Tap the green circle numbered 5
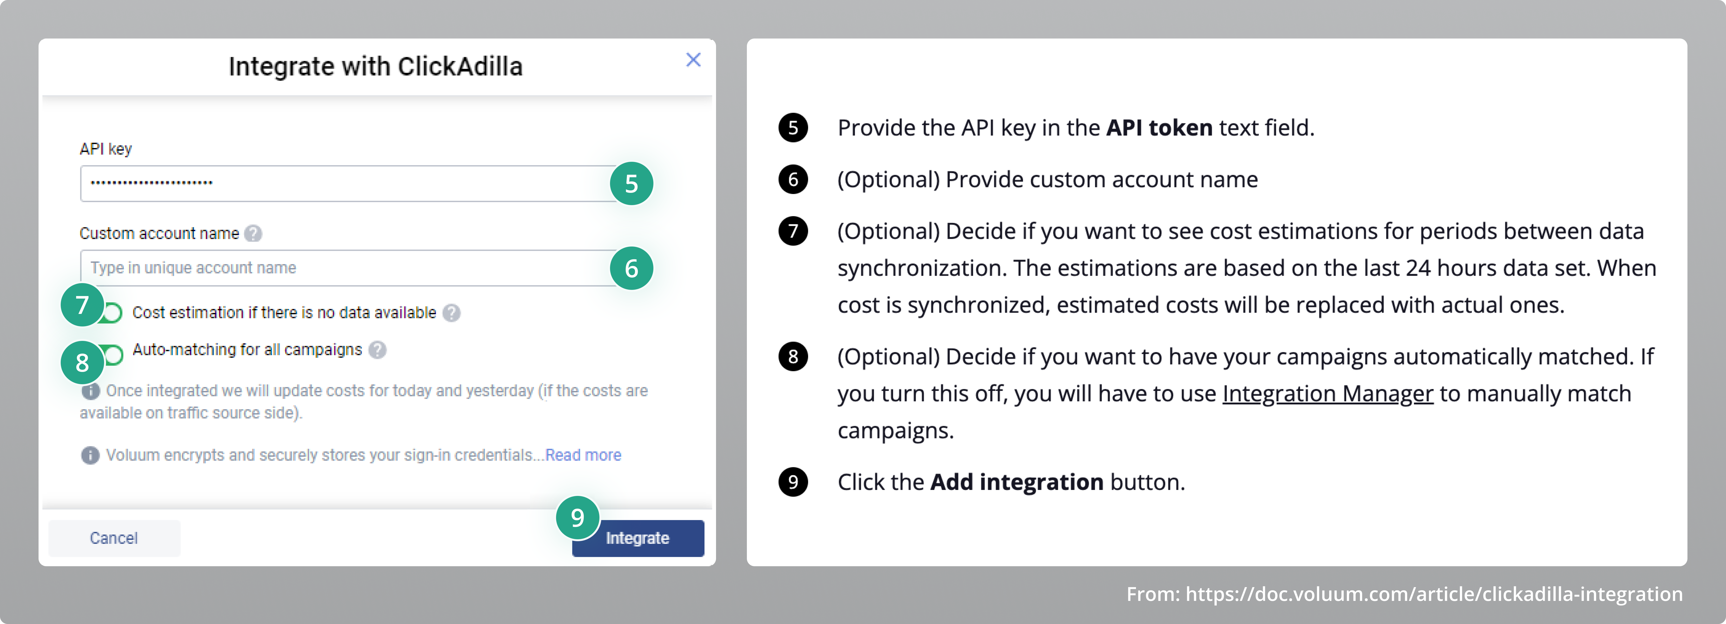pyautogui.click(x=631, y=183)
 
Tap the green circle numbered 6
pyautogui.click(x=631, y=268)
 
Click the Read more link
pyautogui.click(x=583, y=455)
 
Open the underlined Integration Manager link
pyautogui.click(x=1327, y=394)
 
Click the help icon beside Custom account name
pyautogui.click(x=252, y=234)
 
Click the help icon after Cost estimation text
pyautogui.click(x=451, y=313)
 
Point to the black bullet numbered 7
pyautogui.click(x=793, y=231)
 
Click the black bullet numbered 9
pyautogui.click(x=793, y=482)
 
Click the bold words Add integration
pyautogui.click(x=1016, y=482)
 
